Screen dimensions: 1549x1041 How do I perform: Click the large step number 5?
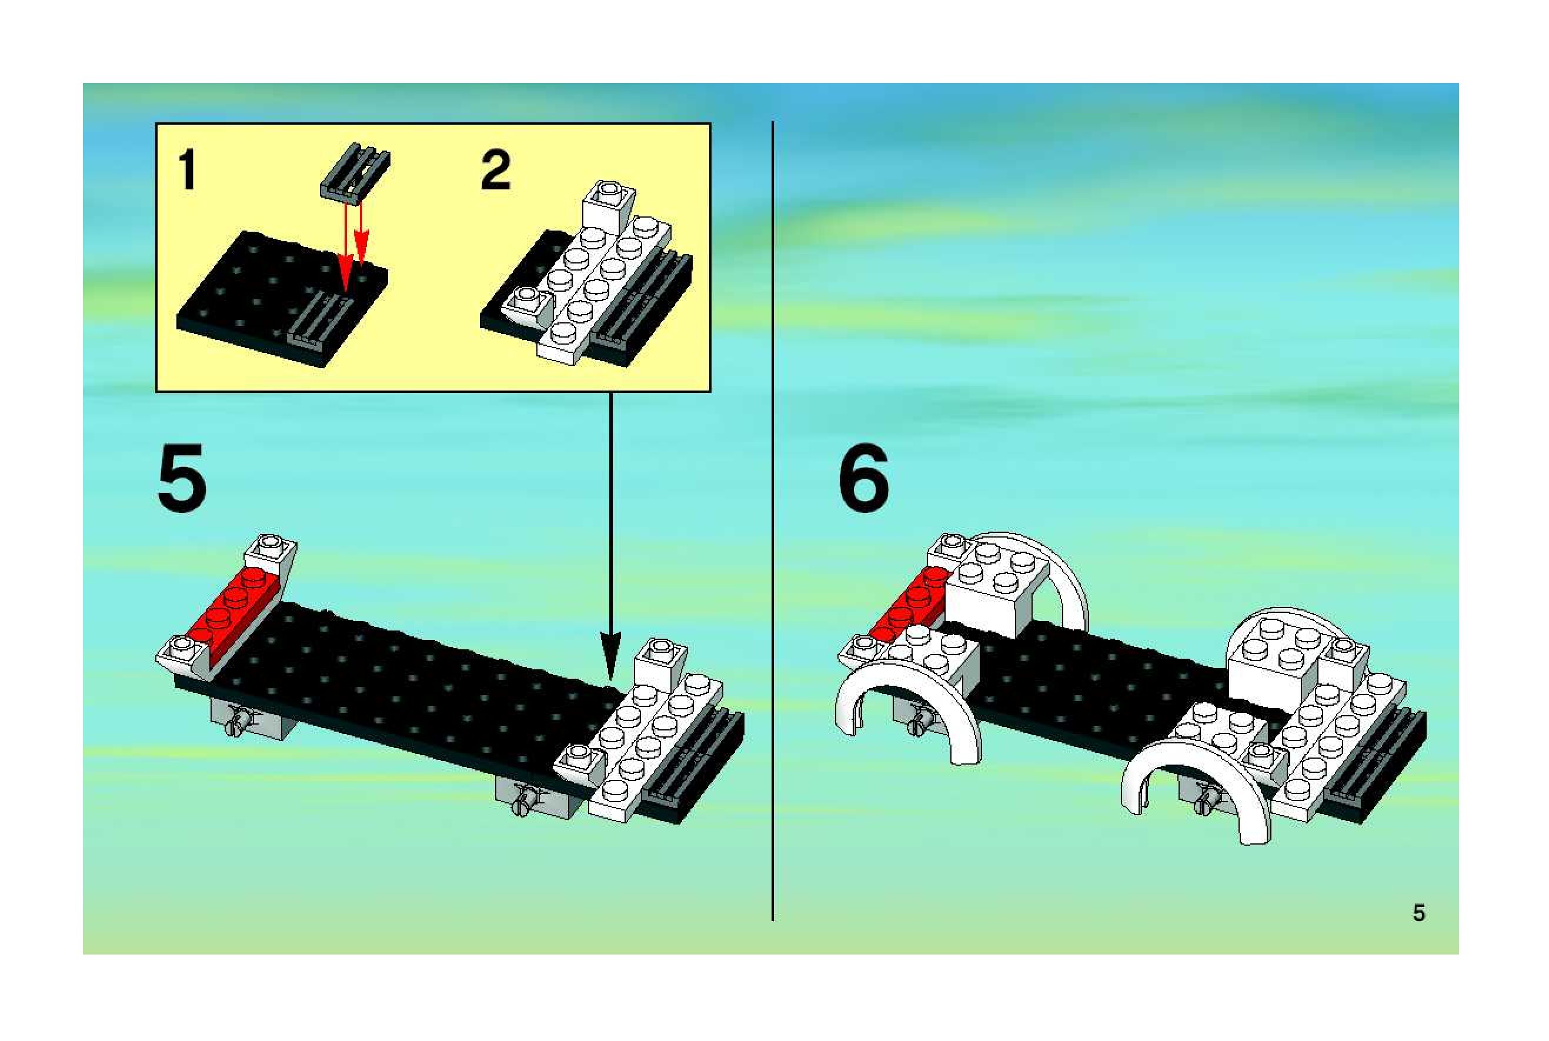tap(182, 479)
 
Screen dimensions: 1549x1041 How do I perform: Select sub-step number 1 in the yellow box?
tap(188, 169)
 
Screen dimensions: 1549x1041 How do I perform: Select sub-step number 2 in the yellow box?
tap(496, 169)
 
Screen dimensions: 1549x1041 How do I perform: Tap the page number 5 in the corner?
tap(1418, 913)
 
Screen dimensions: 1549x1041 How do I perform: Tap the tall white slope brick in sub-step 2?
tap(607, 206)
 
